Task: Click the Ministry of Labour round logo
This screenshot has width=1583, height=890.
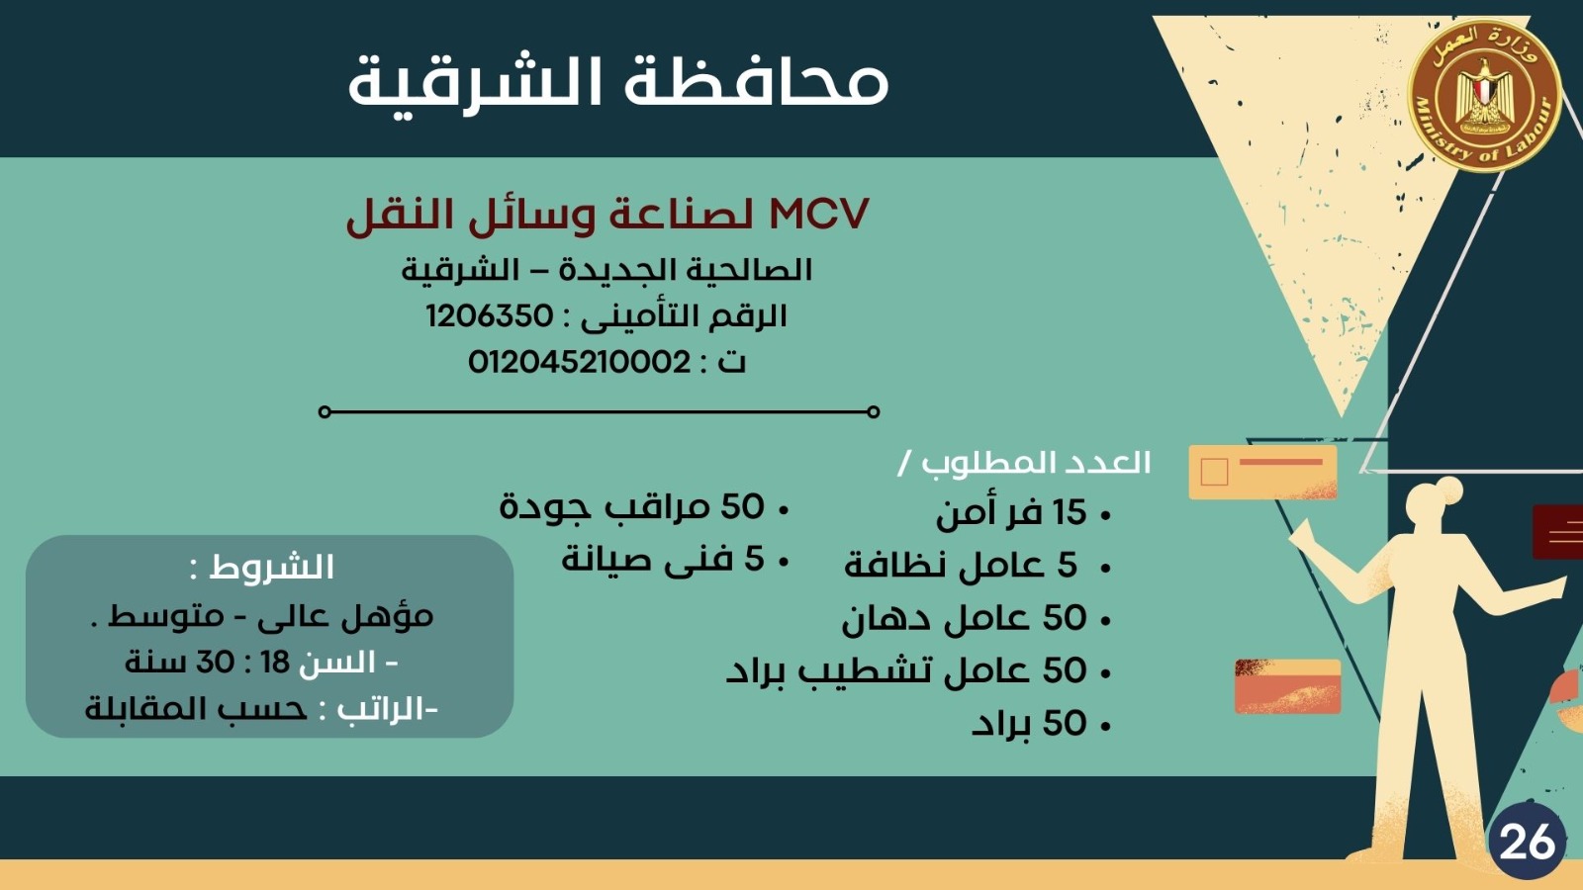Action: [1485, 95]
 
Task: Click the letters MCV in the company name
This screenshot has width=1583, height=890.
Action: [818, 213]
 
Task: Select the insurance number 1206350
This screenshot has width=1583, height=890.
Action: [490, 315]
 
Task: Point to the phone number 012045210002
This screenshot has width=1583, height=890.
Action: [579, 362]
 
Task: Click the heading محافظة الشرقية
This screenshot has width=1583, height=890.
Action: [618, 83]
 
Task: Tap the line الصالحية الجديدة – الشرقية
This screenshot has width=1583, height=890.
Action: [606, 270]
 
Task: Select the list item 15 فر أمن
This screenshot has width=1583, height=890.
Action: [1011, 511]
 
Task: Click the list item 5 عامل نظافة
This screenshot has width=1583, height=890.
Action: [961, 565]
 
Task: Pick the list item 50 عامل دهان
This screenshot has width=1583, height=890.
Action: [964, 618]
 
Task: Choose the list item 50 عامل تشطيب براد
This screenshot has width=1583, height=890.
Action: [906, 670]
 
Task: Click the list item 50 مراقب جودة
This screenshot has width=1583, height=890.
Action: [632, 507]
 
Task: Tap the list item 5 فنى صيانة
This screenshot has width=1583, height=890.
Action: [663, 560]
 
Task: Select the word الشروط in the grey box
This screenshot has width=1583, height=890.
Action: [271, 568]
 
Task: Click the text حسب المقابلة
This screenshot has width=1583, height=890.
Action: [196, 709]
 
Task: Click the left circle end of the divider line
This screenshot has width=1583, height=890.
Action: [325, 411]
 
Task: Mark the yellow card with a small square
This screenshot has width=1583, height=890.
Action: [1262, 472]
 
